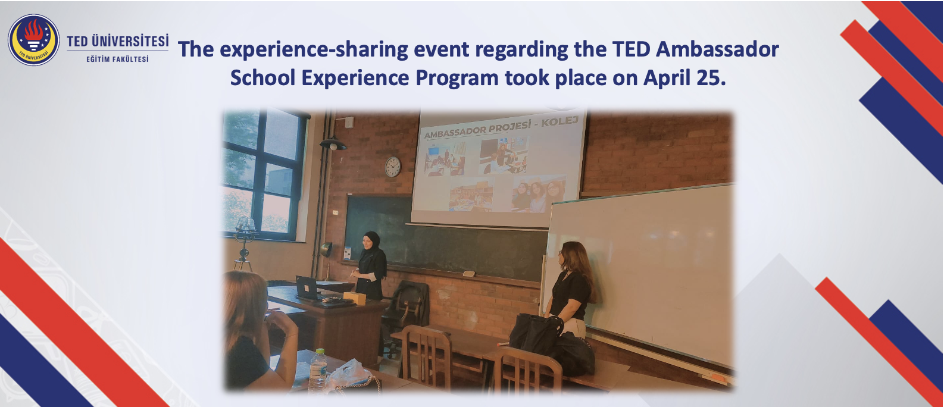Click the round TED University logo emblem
coord(34,40)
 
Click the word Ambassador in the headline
coord(717,49)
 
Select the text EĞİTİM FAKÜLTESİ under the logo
coord(118,59)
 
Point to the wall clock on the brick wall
coord(393,167)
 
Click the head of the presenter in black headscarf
coord(371,240)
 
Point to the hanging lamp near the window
coord(333,144)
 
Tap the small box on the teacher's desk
coord(354,298)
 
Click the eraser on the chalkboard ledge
coord(468,274)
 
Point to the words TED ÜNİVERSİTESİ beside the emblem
coord(118,41)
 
